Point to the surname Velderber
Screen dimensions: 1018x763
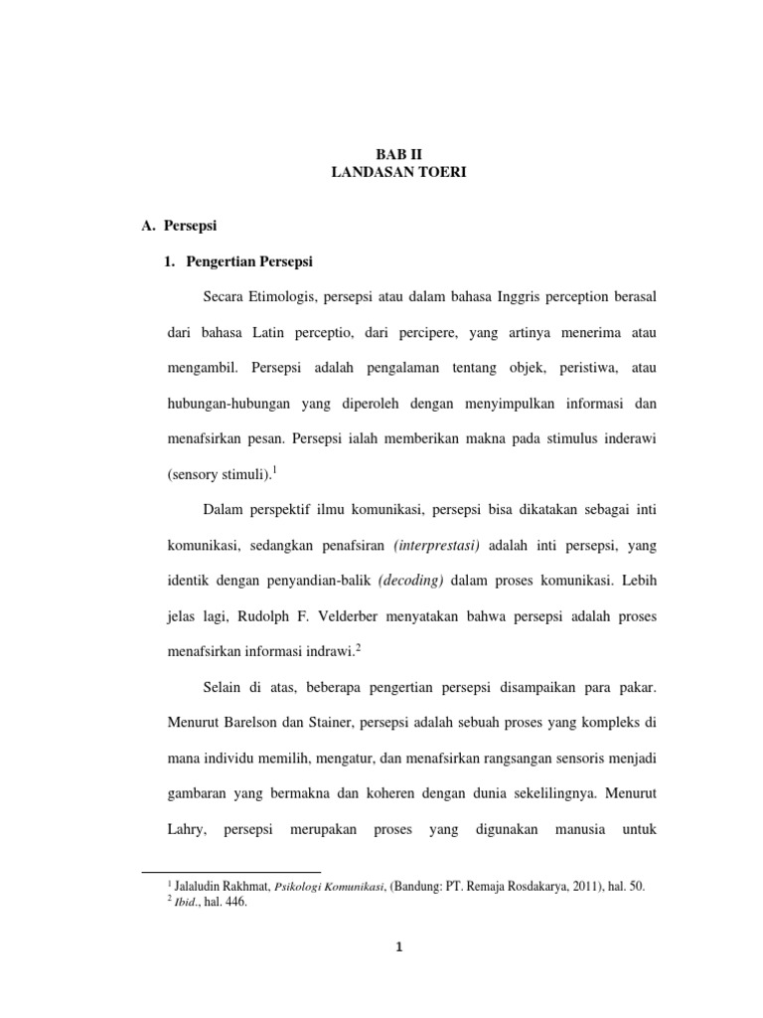[x=378, y=616]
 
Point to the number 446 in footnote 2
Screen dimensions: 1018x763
[x=235, y=903]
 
